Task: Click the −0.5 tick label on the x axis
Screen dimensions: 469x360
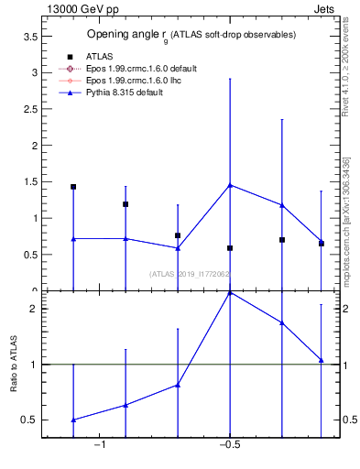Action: tap(229, 446)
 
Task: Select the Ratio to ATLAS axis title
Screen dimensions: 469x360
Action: tap(16, 365)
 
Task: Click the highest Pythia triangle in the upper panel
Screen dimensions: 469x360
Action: tap(230, 185)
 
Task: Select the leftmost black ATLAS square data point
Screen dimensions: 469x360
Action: tap(73, 187)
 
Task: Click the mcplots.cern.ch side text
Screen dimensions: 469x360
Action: tap(346, 220)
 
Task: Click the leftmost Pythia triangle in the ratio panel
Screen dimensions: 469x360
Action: tap(73, 420)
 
